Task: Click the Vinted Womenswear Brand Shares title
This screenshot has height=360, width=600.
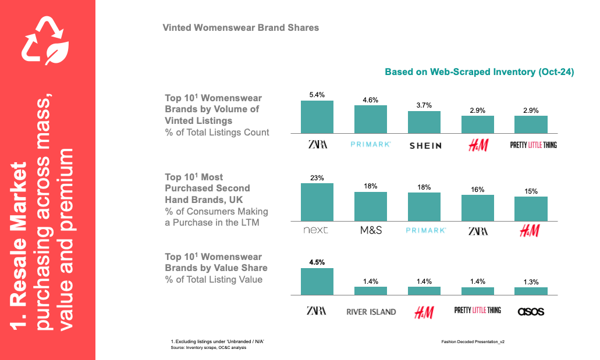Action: pyautogui.click(x=240, y=27)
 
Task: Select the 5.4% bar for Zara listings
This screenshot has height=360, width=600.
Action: pyautogui.click(x=317, y=117)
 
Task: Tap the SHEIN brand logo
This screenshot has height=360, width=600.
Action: pyautogui.click(x=425, y=145)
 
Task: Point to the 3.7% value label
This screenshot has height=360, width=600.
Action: pyautogui.click(x=424, y=105)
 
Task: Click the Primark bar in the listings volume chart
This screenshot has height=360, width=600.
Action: pyautogui.click(x=371, y=120)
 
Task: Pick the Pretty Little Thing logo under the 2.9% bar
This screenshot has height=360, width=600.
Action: pyautogui.click(x=533, y=145)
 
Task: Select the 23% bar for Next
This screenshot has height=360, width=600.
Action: pyautogui.click(x=317, y=202)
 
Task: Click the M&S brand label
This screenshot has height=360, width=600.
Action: pyautogui.click(x=371, y=230)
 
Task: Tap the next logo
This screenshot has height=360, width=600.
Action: pyautogui.click(x=316, y=230)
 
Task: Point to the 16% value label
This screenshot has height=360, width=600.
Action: pyautogui.click(x=478, y=189)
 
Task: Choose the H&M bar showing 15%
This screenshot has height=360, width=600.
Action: pyautogui.click(x=531, y=209)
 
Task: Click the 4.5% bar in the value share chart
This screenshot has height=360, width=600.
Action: pyautogui.click(x=317, y=281)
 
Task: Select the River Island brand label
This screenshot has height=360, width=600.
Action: pyautogui.click(x=371, y=312)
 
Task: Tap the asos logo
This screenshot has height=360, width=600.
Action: pyautogui.click(x=531, y=312)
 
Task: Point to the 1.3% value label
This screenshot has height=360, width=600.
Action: pyautogui.click(x=531, y=281)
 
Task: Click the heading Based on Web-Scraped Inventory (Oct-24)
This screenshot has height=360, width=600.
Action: pyautogui.click(x=479, y=72)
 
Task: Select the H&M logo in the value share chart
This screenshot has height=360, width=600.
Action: pyautogui.click(x=424, y=312)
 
